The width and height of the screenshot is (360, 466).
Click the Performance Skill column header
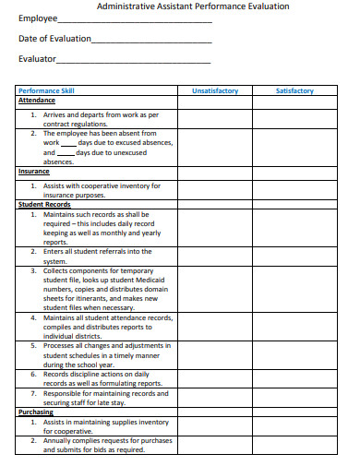(x=47, y=91)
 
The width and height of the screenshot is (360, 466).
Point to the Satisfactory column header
(x=294, y=91)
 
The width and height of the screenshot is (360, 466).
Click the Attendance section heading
(x=37, y=101)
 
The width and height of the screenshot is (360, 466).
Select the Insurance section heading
(x=34, y=171)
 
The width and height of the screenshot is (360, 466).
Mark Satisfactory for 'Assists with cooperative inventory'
(x=294, y=189)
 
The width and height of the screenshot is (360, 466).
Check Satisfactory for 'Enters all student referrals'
(x=294, y=256)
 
